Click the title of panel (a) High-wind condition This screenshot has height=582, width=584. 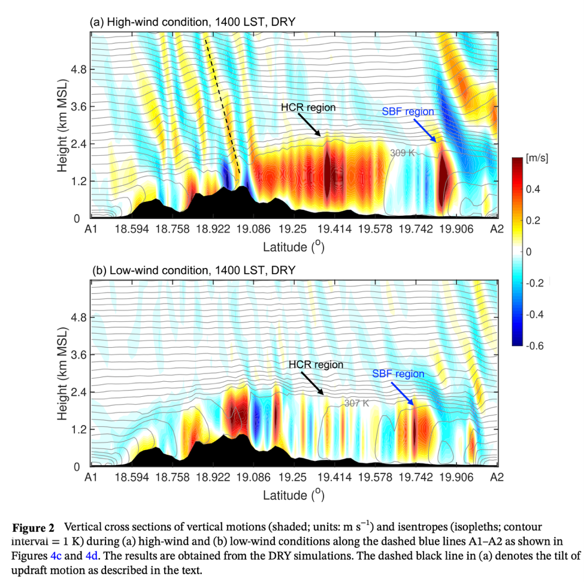[192, 22]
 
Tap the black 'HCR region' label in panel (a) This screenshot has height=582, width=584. [308, 107]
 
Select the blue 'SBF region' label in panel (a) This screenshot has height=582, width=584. [408, 111]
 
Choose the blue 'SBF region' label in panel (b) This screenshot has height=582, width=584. [398, 374]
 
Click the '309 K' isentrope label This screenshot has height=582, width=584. [403, 153]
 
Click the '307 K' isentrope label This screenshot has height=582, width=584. [357, 403]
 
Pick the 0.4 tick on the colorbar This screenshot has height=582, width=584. [532, 189]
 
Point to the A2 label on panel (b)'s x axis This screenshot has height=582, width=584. [497, 477]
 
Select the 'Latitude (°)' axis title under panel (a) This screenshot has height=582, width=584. [293, 246]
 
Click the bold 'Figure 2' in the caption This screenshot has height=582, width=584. [34, 527]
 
